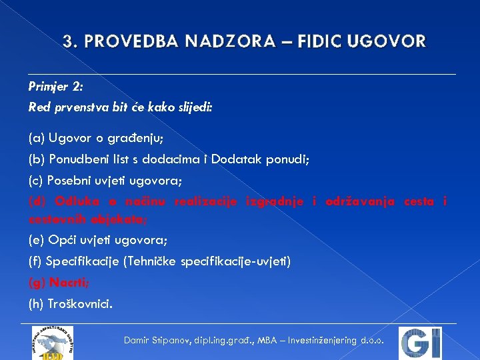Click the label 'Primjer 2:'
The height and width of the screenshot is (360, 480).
(55, 87)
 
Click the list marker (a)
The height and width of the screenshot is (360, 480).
(36, 139)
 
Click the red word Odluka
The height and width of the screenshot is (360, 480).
(67, 201)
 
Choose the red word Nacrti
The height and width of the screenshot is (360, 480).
(66, 283)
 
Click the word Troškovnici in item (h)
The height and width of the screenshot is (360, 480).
(81, 304)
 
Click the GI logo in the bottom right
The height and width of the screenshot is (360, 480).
(420, 343)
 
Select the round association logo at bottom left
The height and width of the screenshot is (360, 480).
(53, 343)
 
